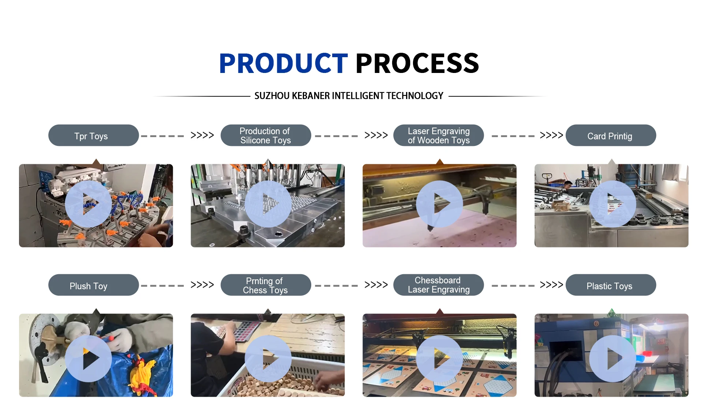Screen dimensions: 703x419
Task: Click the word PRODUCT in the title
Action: click(283, 63)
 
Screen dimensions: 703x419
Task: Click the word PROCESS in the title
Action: click(417, 63)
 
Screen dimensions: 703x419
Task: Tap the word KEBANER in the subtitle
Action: click(311, 96)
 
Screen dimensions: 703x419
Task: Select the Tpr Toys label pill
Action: click(93, 136)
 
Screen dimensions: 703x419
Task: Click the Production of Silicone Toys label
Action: click(266, 136)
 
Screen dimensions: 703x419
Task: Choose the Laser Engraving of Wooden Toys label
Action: click(438, 136)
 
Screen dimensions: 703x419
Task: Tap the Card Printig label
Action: click(611, 136)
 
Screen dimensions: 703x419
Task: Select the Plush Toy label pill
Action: click(93, 285)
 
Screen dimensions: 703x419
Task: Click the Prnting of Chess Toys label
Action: click(266, 285)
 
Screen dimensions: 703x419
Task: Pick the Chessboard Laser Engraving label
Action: click(438, 285)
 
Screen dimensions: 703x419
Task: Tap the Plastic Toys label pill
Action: click(611, 285)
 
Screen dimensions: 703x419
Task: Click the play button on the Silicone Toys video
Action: click(268, 204)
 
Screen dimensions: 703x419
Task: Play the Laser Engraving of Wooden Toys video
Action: click(439, 204)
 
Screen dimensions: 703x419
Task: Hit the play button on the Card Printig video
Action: click(613, 204)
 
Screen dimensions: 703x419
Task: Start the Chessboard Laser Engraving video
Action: click(439, 359)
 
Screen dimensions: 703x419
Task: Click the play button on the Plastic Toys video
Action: click(613, 359)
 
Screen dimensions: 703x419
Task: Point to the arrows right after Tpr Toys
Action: click(202, 135)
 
